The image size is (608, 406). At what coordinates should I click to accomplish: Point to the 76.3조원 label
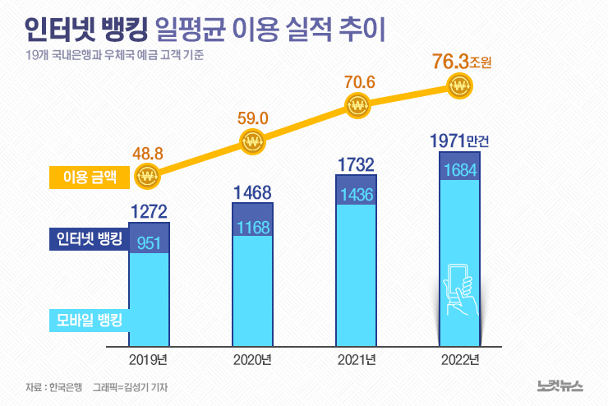point(461,61)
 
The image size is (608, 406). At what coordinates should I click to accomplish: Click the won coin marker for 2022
point(458,85)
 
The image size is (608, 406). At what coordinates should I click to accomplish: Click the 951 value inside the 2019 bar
point(150,242)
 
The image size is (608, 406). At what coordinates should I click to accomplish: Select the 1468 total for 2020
point(253,193)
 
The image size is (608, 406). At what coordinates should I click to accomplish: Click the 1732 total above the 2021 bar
point(357,164)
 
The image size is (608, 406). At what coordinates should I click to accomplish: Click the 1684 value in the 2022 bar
point(460,170)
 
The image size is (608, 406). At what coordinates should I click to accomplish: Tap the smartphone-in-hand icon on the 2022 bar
point(459,290)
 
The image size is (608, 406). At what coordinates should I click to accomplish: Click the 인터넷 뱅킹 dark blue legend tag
point(85,240)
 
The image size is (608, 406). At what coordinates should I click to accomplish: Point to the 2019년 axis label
point(149,361)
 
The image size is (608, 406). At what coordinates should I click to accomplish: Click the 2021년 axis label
point(357,361)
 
